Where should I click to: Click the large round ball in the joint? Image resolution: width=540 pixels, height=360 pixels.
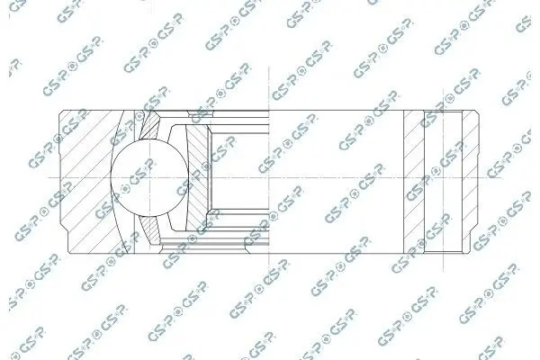point(149,178)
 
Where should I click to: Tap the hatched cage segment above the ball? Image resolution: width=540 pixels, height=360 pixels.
point(150,126)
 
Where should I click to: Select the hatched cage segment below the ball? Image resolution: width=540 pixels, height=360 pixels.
point(151,230)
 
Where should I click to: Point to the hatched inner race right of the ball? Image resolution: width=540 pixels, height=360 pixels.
point(198,178)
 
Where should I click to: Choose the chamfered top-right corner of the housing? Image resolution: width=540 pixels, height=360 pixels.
point(477,112)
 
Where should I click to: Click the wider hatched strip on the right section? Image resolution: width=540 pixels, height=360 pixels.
point(414,182)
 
